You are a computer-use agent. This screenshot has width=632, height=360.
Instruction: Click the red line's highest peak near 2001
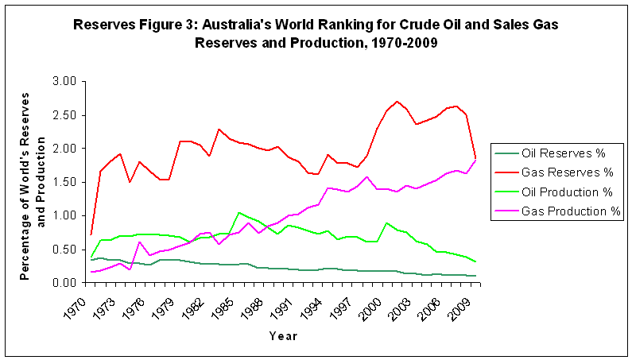[397, 102]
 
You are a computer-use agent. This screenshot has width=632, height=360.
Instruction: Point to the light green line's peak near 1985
[238, 212]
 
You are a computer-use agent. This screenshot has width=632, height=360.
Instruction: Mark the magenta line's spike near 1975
[139, 242]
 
